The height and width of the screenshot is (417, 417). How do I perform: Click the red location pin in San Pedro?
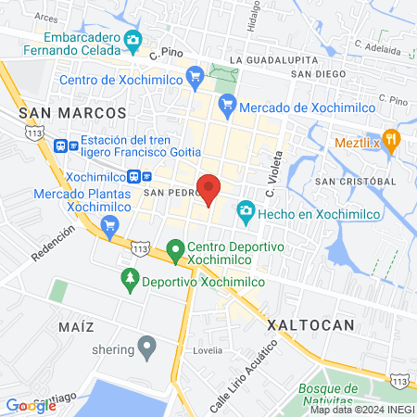209,188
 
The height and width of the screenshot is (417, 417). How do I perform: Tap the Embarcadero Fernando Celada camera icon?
133,40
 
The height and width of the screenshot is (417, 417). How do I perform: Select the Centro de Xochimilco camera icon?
195,79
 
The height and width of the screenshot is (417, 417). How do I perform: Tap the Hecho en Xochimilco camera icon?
245,212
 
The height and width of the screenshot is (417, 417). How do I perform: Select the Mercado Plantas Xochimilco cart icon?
110,223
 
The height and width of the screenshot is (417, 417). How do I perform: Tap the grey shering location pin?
146,348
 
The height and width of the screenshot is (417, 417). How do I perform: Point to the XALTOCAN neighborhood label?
310,325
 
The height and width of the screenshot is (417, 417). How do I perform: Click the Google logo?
31,405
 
